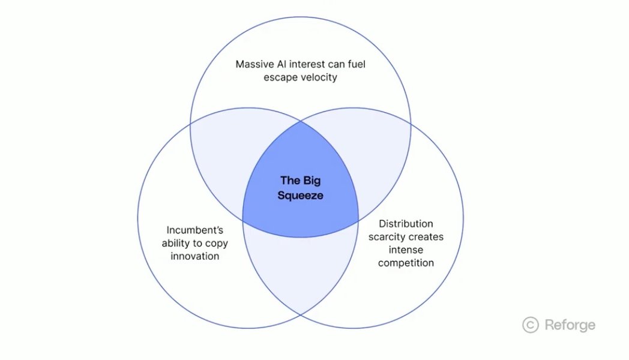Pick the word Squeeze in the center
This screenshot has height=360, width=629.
(x=300, y=196)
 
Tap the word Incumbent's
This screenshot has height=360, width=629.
(x=194, y=229)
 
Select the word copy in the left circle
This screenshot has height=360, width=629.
(x=216, y=243)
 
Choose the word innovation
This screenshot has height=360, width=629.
(x=194, y=256)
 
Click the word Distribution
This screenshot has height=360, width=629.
(x=406, y=224)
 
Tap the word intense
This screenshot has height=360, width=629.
(x=406, y=250)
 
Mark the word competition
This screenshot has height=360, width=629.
(x=406, y=263)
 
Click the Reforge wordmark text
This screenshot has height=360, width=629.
(x=570, y=325)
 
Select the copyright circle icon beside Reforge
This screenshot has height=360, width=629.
(x=530, y=325)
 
